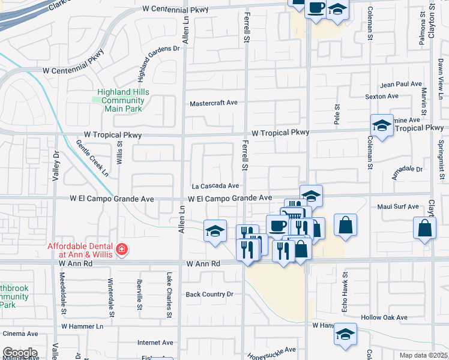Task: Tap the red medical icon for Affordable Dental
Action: pos(121,249)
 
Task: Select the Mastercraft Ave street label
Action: pos(214,103)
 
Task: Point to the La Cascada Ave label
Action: pos(215,186)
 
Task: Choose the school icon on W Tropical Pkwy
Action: pos(382,125)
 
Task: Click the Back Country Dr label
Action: pos(209,294)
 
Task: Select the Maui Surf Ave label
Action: pos(398,207)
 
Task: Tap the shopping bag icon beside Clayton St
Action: pos(425,228)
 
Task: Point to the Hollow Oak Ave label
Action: pos(384,317)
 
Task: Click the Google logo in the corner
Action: pos(19,353)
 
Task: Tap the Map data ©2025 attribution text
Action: pos(423,355)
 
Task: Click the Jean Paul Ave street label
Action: pos(401,85)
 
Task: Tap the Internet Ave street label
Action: pos(155,343)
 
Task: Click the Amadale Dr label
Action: pos(407,169)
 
